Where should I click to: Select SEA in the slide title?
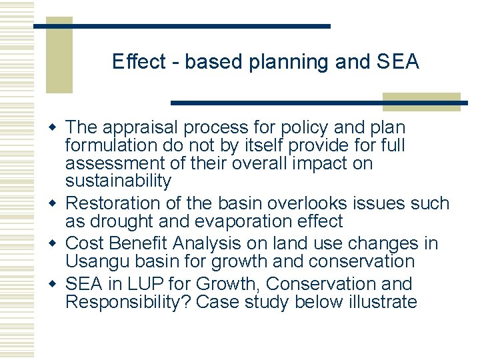click(397, 62)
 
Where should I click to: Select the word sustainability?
click(118, 181)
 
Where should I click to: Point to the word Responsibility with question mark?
click(128, 302)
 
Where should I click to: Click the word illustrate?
click(383, 302)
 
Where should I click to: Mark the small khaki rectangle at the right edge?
click(421, 101)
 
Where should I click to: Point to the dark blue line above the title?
click(182, 25)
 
